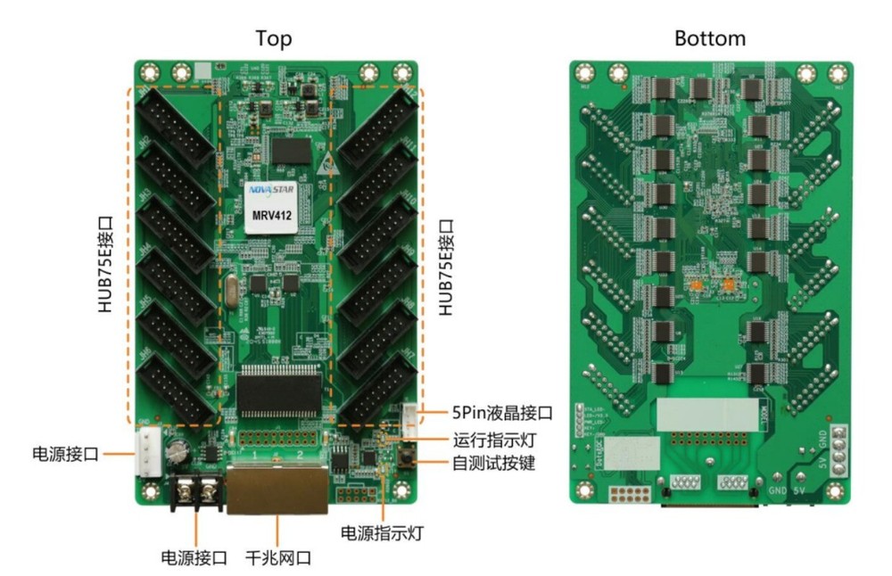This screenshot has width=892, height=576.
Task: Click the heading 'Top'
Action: [x=273, y=38]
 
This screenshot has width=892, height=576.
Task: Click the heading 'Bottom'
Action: [x=710, y=38]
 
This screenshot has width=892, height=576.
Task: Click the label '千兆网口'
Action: [x=278, y=559]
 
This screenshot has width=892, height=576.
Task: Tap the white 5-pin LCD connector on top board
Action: [x=411, y=416]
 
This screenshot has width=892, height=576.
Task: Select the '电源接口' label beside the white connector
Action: [x=63, y=453]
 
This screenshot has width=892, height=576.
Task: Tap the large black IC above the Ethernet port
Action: [x=277, y=392]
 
